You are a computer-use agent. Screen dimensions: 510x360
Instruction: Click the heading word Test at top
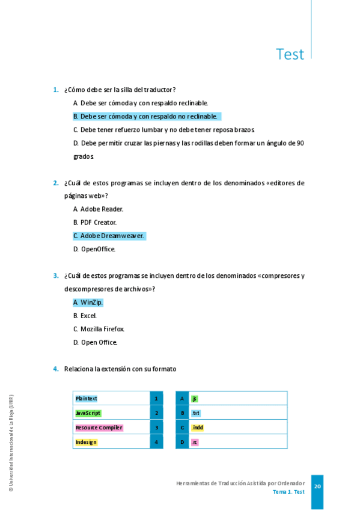[x=290, y=54]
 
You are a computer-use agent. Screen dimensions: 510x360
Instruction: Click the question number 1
[x=56, y=90]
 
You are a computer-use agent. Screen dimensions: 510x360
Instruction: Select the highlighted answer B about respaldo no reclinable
[x=147, y=116]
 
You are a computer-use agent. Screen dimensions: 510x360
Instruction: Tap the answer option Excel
[x=88, y=316]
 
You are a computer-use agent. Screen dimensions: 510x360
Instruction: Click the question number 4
[x=56, y=369]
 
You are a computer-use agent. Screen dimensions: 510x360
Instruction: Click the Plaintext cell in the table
[x=87, y=398]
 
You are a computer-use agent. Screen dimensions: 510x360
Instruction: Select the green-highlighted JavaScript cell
[x=88, y=413]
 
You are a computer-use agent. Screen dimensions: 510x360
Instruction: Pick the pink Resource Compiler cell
[x=99, y=428]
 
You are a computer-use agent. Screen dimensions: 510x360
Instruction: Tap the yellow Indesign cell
[x=86, y=442]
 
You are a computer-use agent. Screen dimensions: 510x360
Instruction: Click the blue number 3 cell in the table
[x=156, y=428]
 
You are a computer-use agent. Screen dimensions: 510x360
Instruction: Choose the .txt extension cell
[x=195, y=413]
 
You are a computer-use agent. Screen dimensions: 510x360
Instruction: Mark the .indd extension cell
[x=197, y=428]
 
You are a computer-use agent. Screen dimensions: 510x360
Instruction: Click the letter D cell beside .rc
[x=182, y=442]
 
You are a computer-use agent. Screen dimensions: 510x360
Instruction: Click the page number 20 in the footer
[x=317, y=487]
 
